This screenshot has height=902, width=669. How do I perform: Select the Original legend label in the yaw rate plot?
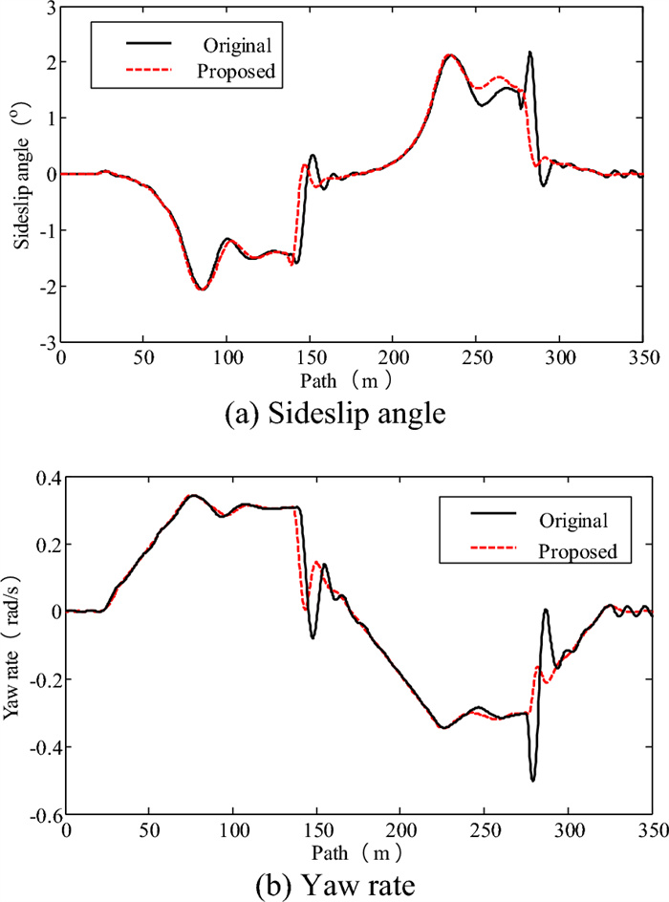(573, 521)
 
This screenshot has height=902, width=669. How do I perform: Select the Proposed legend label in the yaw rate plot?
(574, 551)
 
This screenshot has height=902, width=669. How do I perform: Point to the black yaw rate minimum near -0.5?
(532, 781)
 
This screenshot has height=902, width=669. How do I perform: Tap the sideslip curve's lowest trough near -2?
(202, 289)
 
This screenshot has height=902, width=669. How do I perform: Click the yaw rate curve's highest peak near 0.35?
(193, 495)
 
